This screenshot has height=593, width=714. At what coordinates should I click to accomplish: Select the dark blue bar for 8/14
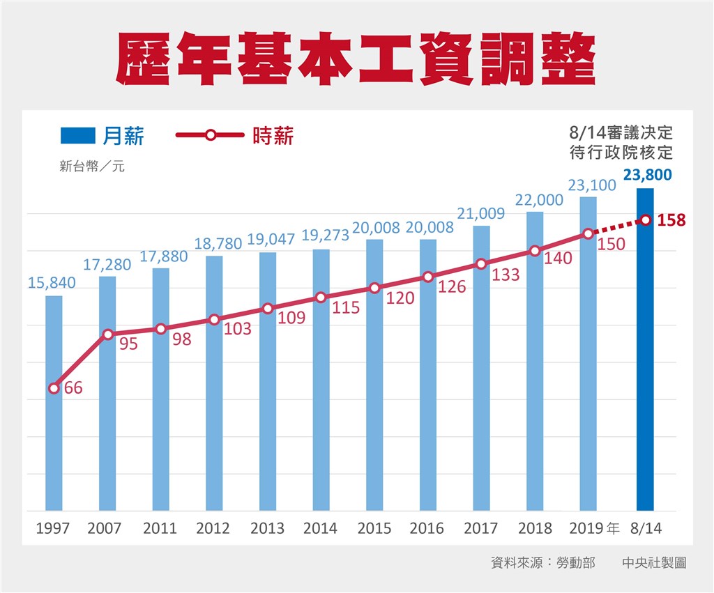[645, 362]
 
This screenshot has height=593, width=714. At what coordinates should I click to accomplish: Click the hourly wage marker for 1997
[54, 388]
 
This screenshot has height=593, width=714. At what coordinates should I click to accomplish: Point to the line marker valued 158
[646, 220]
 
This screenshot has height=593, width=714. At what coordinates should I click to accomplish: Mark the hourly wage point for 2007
[107, 334]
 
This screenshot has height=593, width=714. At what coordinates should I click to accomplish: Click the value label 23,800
[648, 175]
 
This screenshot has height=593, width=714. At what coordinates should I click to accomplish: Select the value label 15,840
[52, 283]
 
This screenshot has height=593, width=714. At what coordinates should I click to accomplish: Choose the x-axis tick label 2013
[268, 528]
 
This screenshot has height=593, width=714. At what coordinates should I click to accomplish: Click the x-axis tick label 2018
[535, 528]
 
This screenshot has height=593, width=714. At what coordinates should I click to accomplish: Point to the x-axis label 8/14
[646, 528]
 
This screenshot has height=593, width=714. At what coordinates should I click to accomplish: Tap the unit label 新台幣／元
[92, 167]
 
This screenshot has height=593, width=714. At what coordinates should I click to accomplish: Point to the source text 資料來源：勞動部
[543, 562]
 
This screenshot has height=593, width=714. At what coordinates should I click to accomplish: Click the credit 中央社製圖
[654, 562]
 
